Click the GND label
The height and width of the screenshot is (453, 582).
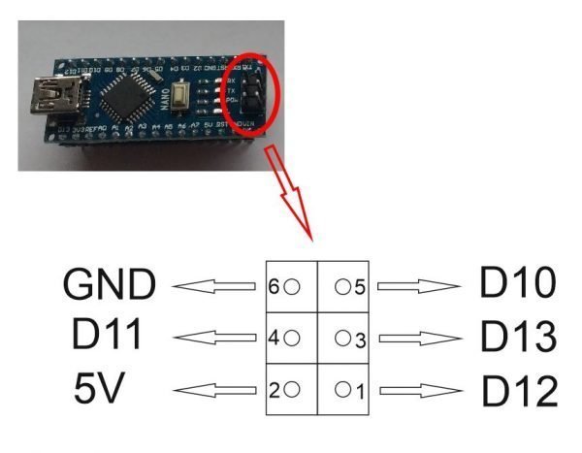click(x=109, y=286)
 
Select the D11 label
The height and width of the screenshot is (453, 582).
click(x=108, y=337)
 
